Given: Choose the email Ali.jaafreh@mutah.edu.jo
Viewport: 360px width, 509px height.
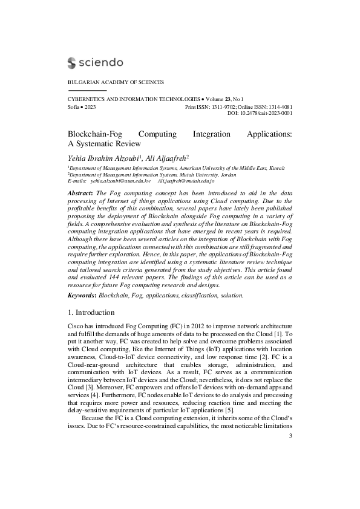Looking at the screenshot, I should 186,181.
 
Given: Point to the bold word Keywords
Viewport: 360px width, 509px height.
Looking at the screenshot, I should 82,295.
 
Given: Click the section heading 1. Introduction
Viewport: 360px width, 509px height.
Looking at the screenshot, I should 91,313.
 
